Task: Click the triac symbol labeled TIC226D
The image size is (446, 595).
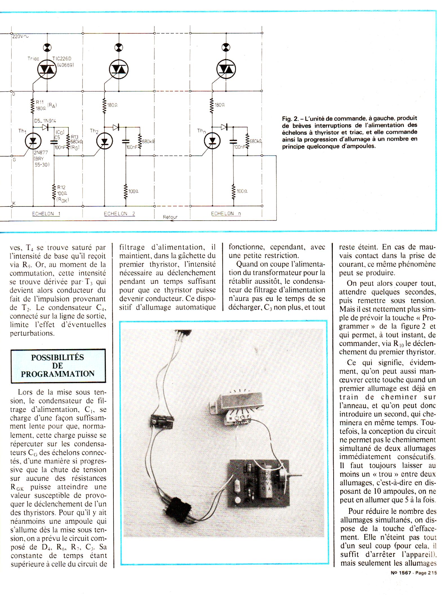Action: click(x=47, y=70)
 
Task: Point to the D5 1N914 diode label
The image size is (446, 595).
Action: click(x=45, y=121)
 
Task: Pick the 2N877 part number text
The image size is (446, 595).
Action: click(x=41, y=152)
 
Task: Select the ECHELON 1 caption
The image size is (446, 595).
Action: click(x=46, y=214)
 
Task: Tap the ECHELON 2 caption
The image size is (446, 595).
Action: click(x=119, y=214)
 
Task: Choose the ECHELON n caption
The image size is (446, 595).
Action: click(x=226, y=214)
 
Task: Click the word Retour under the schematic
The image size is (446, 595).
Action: click(x=170, y=217)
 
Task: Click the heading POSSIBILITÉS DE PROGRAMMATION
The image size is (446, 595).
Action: click(x=58, y=366)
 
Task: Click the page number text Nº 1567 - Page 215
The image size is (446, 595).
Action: click(x=414, y=573)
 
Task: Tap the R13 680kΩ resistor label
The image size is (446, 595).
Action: click(x=75, y=139)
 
